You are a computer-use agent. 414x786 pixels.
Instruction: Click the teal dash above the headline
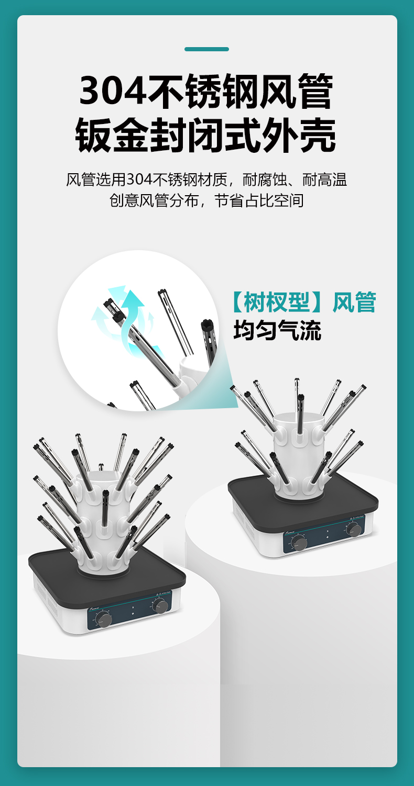click(x=206, y=49)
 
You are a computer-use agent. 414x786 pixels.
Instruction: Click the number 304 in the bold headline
click(x=112, y=92)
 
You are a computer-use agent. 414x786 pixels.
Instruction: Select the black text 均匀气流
click(x=277, y=331)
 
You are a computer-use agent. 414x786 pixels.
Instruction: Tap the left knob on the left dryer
click(x=104, y=620)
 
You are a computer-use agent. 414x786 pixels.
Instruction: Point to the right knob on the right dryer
click(x=354, y=529)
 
